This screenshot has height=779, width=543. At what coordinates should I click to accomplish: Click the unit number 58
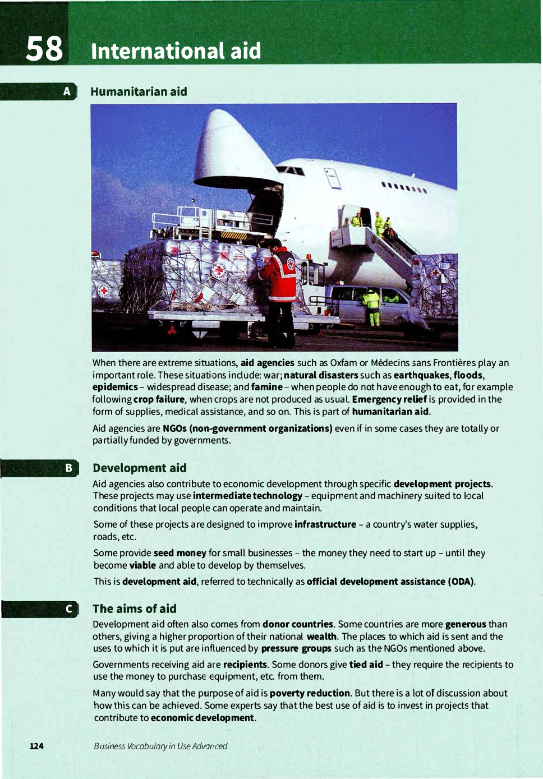(x=45, y=48)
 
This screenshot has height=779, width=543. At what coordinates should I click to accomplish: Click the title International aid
(x=176, y=51)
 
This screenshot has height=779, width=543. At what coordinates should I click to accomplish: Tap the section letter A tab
(x=67, y=91)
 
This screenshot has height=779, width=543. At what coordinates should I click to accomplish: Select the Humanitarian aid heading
(x=139, y=91)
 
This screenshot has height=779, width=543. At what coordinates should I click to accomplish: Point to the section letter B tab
(x=68, y=468)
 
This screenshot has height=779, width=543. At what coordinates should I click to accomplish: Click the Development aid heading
(x=139, y=468)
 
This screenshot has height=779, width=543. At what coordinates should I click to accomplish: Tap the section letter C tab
(x=68, y=609)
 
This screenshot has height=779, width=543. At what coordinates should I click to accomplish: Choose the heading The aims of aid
(x=134, y=609)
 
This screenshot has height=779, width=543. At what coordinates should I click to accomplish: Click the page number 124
(x=36, y=746)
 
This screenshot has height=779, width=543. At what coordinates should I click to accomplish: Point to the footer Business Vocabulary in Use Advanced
(x=160, y=746)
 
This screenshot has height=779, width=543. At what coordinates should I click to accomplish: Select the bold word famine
(x=267, y=387)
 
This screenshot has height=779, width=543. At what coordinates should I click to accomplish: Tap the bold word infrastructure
(x=325, y=524)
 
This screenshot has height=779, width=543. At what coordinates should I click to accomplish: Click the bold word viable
(x=142, y=565)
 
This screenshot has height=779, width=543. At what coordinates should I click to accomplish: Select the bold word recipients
(x=245, y=665)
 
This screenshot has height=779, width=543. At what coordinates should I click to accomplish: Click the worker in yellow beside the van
(x=371, y=306)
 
